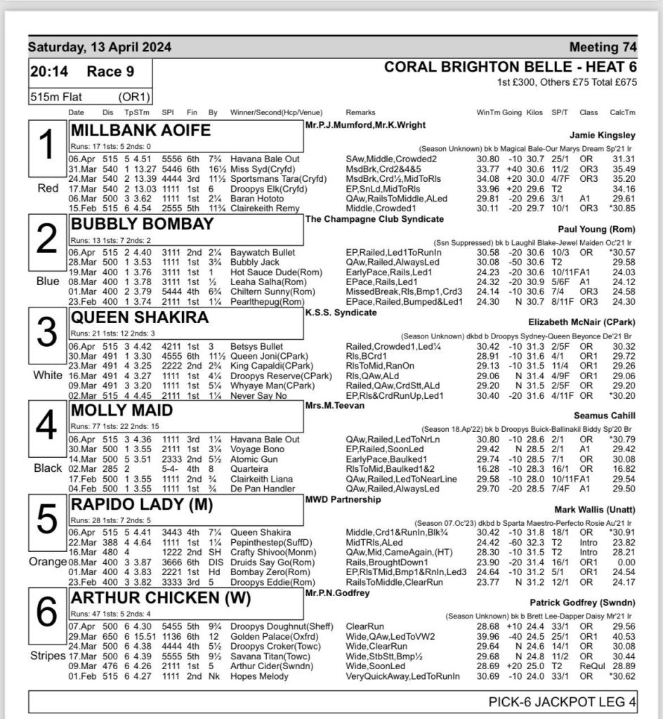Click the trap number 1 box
tap(46, 148)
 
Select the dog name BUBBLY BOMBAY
tap(143, 225)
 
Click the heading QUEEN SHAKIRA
tap(140, 317)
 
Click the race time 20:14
tap(49, 71)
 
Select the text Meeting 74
tap(603, 48)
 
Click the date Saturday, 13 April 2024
tap(99, 48)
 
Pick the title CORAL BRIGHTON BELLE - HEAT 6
tap(511, 67)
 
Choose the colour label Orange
tap(46, 562)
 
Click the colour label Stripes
tap(46, 655)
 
